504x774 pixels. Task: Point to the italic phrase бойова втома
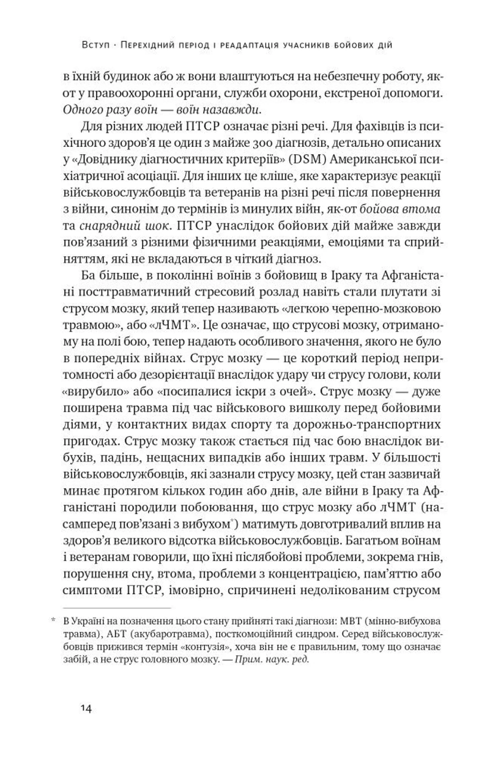click(x=400, y=209)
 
